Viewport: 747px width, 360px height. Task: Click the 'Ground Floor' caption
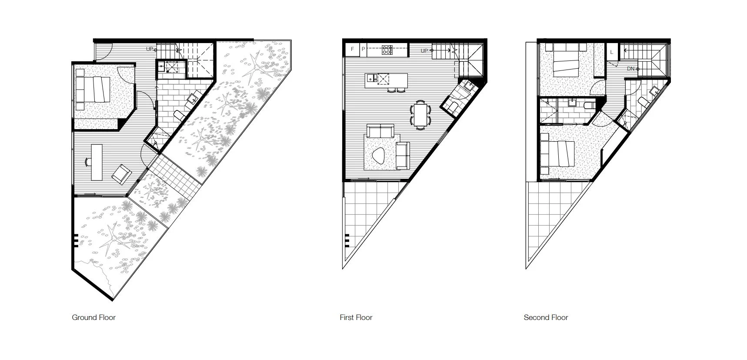click(93, 317)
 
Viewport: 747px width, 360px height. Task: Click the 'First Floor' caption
click(356, 317)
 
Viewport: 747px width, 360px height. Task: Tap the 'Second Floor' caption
click(546, 317)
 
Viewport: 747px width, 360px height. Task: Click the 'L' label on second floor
click(612, 52)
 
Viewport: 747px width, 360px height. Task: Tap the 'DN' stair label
click(630, 69)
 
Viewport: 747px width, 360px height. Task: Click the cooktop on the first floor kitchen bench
click(387, 50)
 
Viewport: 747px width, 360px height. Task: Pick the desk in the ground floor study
click(97, 162)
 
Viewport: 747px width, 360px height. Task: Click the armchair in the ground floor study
click(122, 174)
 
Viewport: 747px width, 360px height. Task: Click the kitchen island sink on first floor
click(371, 78)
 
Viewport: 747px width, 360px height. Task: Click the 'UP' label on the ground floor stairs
click(149, 49)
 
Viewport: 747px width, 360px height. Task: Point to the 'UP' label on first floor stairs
click(424, 51)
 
